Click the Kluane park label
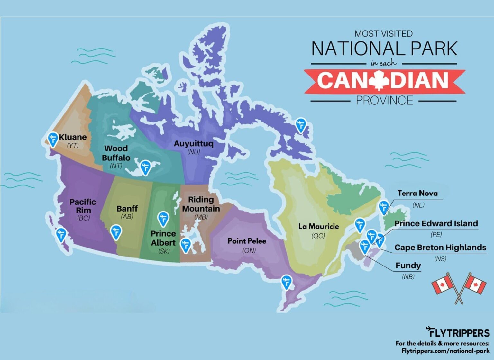[x=73, y=137]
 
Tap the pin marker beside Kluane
[x=53, y=139]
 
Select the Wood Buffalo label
[x=116, y=153]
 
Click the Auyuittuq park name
[x=193, y=143]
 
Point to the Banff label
[x=127, y=208]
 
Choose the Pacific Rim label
[x=83, y=206]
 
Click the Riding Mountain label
[x=201, y=204]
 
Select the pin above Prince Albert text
[x=163, y=218]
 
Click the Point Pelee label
[x=247, y=241]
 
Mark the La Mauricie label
[x=318, y=226]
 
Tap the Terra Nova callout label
[x=417, y=193]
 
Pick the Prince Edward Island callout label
[x=436, y=223]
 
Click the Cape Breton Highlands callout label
[x=440, y=248]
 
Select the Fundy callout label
[x=408, y=265]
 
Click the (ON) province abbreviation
[x=249, y=250]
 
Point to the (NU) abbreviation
[x=194, y=152]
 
